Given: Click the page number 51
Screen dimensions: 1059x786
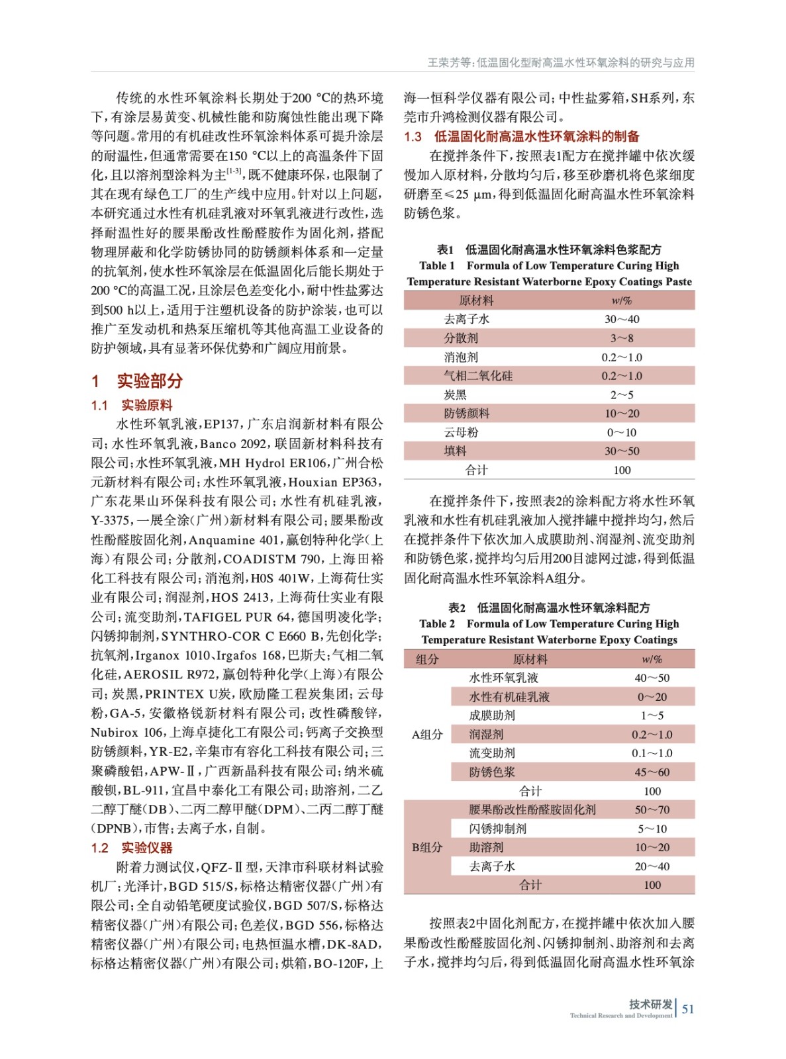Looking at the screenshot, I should tap(688, 1009).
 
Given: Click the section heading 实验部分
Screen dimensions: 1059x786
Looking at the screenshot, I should tap(149, 381).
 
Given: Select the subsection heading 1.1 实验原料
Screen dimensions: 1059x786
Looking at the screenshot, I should tap(132, 405).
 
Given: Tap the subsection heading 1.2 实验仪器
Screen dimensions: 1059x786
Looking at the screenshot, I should tap(132, 848).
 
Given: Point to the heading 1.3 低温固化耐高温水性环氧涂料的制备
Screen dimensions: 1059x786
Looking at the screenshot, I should tap(522, 136).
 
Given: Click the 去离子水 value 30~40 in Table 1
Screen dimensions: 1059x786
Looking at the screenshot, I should tap(622, 319).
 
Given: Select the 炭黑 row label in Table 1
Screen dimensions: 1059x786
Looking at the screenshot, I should tap(455, 394).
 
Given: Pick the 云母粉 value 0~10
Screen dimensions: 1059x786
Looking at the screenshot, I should tap(622, 432).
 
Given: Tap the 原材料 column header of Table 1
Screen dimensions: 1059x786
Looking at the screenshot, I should tap(476, 300).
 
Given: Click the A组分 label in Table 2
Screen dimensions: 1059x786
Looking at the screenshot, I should tap(427, 734).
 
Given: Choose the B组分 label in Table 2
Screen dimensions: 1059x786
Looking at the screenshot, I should tap(427, 847).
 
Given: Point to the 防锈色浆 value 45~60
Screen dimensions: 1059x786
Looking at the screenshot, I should tap(652, 772).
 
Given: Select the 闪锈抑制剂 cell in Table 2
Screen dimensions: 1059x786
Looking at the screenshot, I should tap(498, 829).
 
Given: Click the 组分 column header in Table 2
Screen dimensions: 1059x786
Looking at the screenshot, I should tap(427, 659).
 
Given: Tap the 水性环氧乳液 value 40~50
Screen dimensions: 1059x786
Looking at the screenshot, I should tap(652, 678).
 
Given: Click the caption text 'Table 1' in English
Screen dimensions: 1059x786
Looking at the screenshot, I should tap(437, 265).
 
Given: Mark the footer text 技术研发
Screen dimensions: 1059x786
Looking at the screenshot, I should tap(650, 1004).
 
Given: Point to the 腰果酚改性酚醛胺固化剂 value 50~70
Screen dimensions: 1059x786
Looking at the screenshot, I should tap(652, 809).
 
